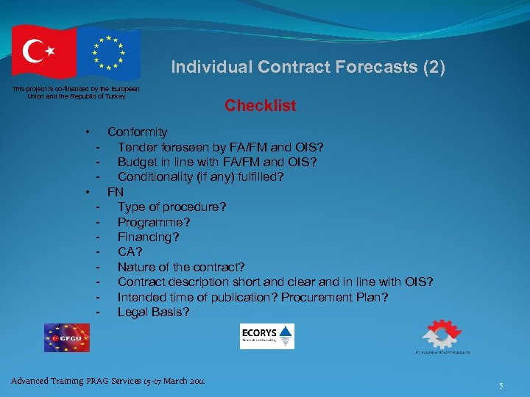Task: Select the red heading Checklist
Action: (260, 106)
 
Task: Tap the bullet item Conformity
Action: (137, 132)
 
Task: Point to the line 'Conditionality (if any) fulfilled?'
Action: (200, 177)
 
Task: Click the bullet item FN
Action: (116, 192)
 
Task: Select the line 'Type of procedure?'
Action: (172, 207)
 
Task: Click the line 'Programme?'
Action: (154, 222)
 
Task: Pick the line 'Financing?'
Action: (148, 237)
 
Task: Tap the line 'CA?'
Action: (130, 252)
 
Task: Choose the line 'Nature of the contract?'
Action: (181, 267)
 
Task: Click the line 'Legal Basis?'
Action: (153, 312)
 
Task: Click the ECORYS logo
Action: (266, 336)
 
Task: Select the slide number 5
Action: (501, 385)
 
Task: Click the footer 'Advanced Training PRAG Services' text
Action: (107, 381)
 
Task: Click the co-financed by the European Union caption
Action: (76, 93)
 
